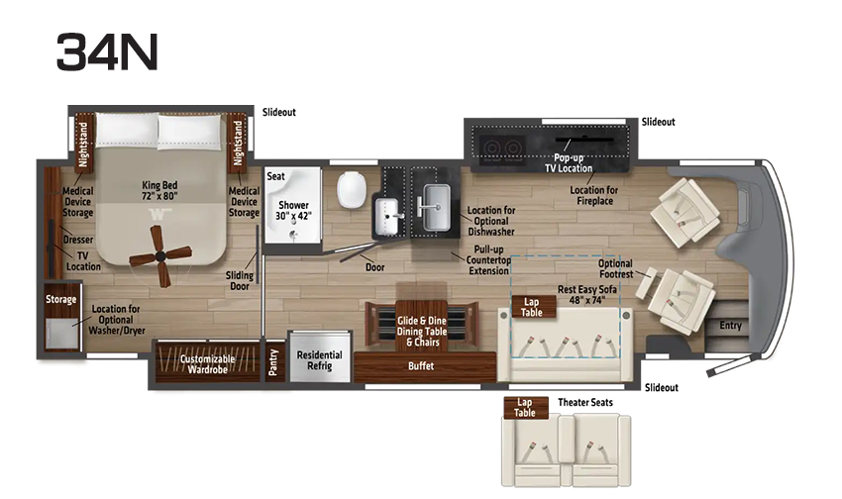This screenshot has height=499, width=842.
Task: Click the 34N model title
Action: click(107, 51)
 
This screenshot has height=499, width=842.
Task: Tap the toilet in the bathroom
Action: click(352, 189)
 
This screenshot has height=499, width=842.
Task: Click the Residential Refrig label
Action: click(320, 360)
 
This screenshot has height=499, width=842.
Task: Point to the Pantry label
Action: click(273, 362)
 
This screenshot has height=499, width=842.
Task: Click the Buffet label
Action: click(421, 366)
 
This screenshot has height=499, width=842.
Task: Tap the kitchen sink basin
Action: click(436, 207)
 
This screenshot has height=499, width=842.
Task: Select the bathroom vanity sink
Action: click(386, 216)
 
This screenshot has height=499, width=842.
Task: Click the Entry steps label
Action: click(730, 325)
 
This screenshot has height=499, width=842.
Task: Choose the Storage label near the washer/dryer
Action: click(60, 299)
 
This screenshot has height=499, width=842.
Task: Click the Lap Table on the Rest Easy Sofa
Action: click(532, 307)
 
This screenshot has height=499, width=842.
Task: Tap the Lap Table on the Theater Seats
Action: click(525, 407)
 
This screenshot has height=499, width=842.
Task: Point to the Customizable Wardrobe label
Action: click(207, 364)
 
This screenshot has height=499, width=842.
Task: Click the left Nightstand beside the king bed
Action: click(83, 144)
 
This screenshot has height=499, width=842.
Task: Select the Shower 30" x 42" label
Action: click(293, 210)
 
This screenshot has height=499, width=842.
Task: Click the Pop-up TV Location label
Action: click(569, 163)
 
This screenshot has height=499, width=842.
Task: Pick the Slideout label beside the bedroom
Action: click(278, 112)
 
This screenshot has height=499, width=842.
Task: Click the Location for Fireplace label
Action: click(594, 195)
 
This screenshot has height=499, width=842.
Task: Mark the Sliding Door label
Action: click(240, 280)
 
